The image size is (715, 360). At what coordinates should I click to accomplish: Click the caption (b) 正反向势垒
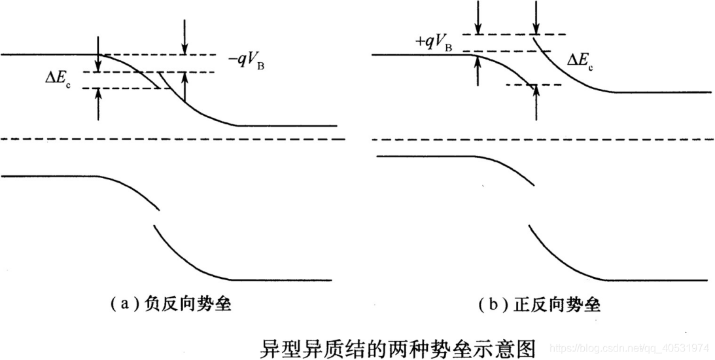pyautogui.click(x=540, y=304)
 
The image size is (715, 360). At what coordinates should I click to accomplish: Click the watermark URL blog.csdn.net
pyautogui.click(x=627, y=346)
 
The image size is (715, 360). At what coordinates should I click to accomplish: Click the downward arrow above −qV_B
pyautogui.click(x=185, y=36)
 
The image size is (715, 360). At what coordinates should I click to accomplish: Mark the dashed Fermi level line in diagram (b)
pyautogui.click(x=543, y=139)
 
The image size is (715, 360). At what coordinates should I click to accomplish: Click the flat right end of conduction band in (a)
pyautogui.click(x=288, y=125)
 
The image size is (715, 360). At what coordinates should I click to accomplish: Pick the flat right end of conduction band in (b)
pyautogui.click(x=661, y=92)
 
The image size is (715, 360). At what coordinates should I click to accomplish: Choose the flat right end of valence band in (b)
pyautogui.click(x=654, y=279)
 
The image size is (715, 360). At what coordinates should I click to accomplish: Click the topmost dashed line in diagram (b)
pyautogui.click(x=514, y=34)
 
